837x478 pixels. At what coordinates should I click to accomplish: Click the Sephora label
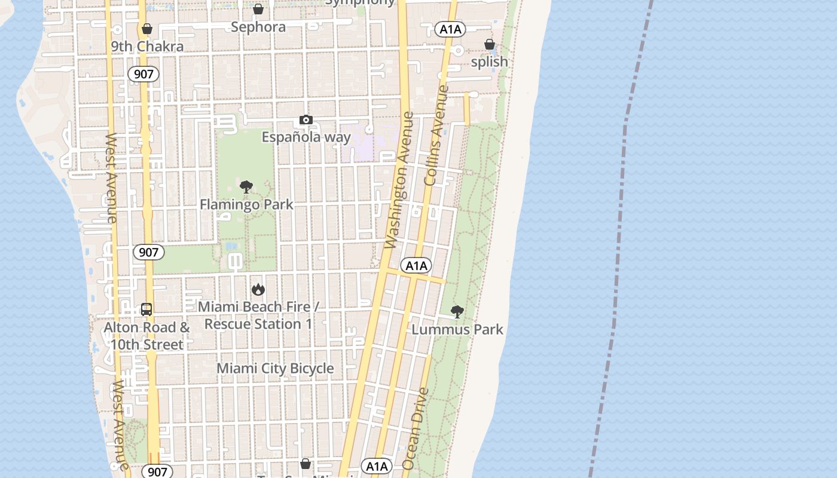click(x=258, y=27)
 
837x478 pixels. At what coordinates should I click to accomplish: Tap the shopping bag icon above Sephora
click(x=258, y=9)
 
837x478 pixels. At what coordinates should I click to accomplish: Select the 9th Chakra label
click(x=147, y=47)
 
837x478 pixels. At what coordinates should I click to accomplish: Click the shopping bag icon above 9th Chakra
click(x=146, y=29)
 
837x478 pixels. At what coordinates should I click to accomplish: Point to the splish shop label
click(x=490, y=62)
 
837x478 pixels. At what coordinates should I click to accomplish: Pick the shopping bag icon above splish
click(x=490, y=44)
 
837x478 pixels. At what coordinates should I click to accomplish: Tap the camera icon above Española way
click(x=306, y=120)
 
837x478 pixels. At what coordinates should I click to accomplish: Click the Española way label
click(x=306, y=137)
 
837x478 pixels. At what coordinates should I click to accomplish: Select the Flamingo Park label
click(x=246, y=204)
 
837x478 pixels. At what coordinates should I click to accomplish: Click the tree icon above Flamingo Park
click(x=246, y=187)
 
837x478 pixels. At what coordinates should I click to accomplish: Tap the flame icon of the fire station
click(x=258, y=289)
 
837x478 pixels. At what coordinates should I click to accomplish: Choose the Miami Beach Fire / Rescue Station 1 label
click(x=258, y=315)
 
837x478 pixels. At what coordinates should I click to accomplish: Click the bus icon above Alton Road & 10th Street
click(x=146, y=310)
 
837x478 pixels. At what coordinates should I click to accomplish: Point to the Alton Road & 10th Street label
click(x=146, y=336)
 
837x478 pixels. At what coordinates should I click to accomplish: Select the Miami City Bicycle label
click(x=275, y=368)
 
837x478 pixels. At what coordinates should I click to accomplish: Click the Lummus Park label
click(x=457, y=329)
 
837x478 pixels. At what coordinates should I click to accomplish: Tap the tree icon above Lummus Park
click(x=457, y=311)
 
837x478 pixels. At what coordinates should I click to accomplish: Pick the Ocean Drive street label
click(x=416, y=428)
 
